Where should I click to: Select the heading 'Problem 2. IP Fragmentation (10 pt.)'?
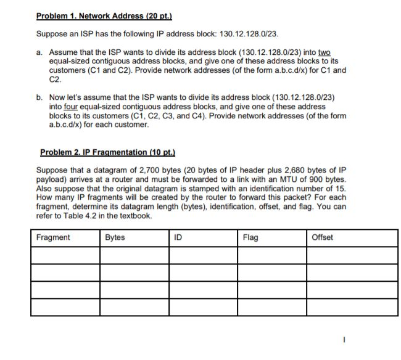103,152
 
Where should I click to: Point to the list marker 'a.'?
39,52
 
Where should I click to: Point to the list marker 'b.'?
39,97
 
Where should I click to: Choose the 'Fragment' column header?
53,237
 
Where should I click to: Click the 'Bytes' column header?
115,237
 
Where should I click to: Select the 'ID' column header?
178,237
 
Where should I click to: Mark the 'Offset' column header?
323,237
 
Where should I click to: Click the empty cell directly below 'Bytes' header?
133,255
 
